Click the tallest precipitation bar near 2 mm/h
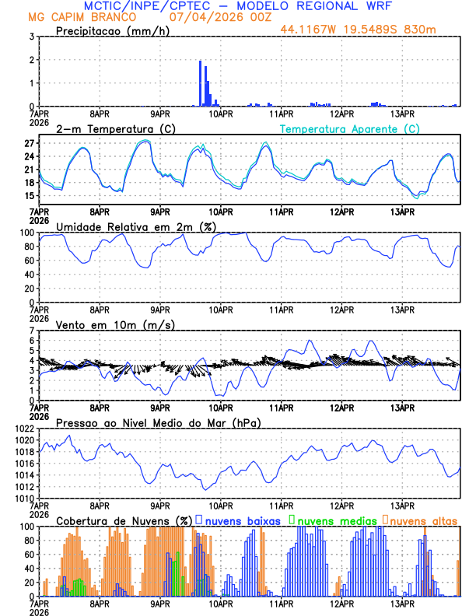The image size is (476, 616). point(201,83)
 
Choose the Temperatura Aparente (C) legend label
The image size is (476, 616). point(350,128)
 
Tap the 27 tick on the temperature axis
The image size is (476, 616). point(29,144)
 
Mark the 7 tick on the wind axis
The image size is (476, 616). point(32,331)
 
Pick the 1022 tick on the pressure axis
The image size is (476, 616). point(23,429)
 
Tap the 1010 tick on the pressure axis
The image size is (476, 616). point(23,498)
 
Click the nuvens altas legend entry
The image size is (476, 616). point(421,520)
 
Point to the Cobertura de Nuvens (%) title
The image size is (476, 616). point(124,520)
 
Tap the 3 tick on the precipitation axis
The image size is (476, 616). point(32,37)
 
